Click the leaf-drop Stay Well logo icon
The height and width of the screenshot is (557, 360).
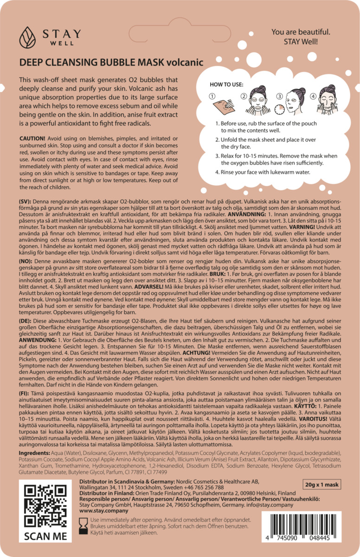[x=27, y=38]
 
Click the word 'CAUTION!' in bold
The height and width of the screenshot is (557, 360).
[x=32, y=140]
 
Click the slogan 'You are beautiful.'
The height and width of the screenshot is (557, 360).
[x=301, y=32]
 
